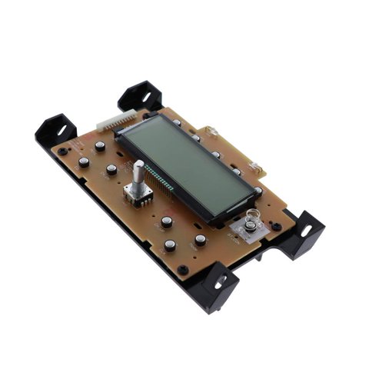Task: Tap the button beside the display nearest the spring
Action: [x=258, y=191]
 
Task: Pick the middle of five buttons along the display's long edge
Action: [x=216, y=155]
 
